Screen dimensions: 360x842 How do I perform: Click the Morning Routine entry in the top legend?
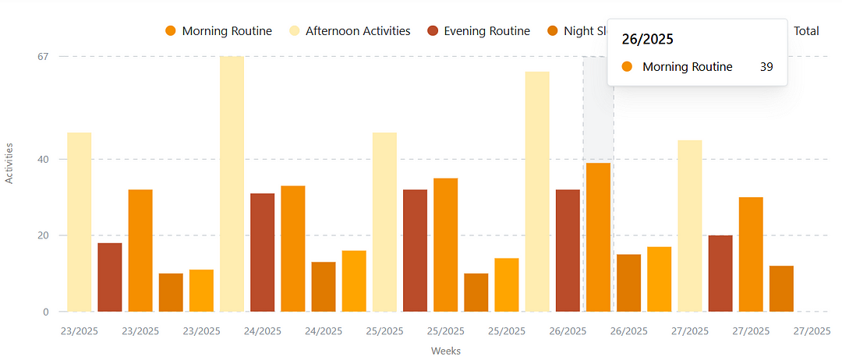(226, 31)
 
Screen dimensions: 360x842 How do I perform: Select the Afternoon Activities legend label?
(357, 31)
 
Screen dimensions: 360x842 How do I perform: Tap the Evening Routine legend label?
(486, 31)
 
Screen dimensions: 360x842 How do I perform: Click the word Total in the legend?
(805, 31)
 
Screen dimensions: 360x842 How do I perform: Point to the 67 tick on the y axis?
(42, 56)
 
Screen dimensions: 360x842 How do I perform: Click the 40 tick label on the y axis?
(42, 159)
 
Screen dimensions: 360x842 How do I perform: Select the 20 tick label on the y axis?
(42, 235)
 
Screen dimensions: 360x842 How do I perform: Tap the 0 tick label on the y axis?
(45, 312)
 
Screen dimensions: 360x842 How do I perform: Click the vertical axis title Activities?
(9, 163)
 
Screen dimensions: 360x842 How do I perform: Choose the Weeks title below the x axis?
(446, 351)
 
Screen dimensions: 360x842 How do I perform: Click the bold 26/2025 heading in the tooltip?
(647, 39)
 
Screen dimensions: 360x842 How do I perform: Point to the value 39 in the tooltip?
(766, 67)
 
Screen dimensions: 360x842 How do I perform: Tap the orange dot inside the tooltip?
(627, 67)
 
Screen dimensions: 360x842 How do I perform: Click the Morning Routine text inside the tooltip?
(687, 67)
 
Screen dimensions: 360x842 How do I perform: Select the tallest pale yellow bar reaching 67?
(232, 184)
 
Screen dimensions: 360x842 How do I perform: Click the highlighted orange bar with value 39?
(598, 237)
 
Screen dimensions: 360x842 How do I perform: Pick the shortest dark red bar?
(110, 277)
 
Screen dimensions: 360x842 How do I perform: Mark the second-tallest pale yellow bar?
(537, 192)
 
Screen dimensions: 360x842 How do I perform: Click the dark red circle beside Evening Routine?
(433, 31)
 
